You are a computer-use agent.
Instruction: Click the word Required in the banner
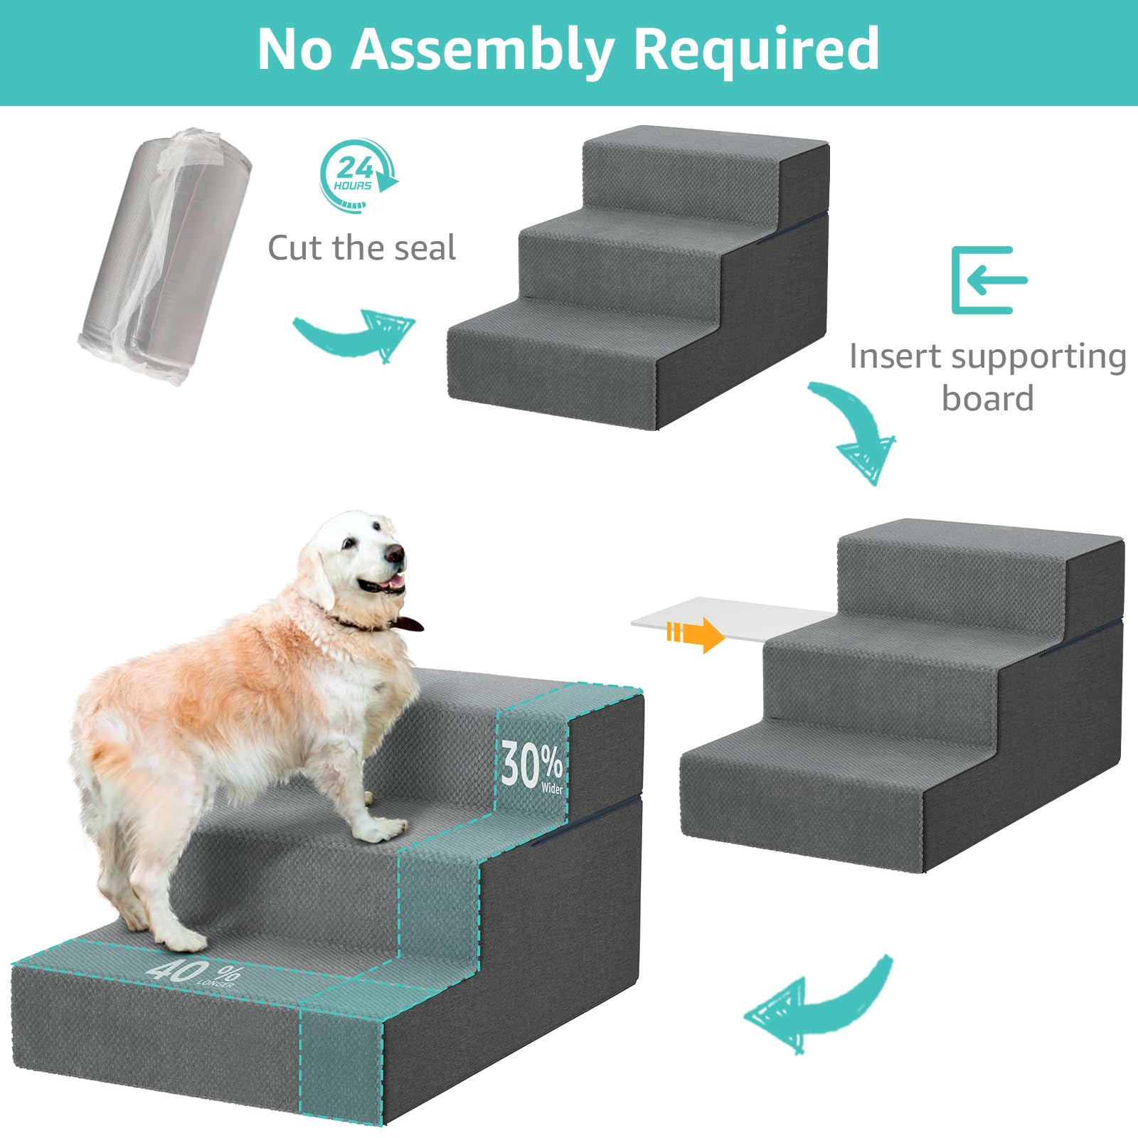click(x=756, y=50)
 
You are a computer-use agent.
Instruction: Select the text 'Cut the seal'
click(x=361, y=248)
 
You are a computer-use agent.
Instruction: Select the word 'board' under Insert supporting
click(x=987, y=398)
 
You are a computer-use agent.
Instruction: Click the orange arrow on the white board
click(x=696, y=633)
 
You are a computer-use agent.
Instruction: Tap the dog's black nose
click(x=393, y=553)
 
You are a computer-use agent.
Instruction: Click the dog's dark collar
click(x=370, y=624)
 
